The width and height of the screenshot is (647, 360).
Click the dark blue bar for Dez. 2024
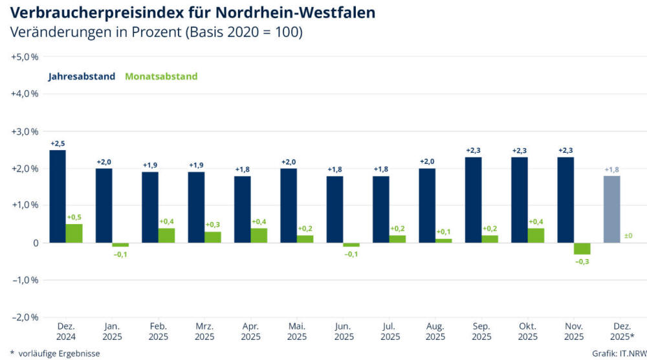[x=58, y=196]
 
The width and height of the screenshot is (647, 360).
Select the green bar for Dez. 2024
[x=74, y=233]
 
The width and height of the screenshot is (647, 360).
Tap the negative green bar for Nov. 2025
[x=582, y=249]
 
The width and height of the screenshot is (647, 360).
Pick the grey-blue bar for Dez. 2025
[x=612, y=209]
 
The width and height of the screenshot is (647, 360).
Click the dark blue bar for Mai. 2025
[x=289, y=205]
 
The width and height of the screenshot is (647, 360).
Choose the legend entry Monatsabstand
[x=161, y=76]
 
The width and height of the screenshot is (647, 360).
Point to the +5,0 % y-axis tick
[x=25, y=57]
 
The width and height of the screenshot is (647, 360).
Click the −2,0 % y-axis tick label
[x=25, y=317]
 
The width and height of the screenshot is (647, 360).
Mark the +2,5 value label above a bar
[x=58, y=143]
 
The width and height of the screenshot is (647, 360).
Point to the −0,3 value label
[x=582, y=261]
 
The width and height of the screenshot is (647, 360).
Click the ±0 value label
[x=628, y=236]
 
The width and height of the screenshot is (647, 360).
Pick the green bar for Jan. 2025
[x=120, y=245]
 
